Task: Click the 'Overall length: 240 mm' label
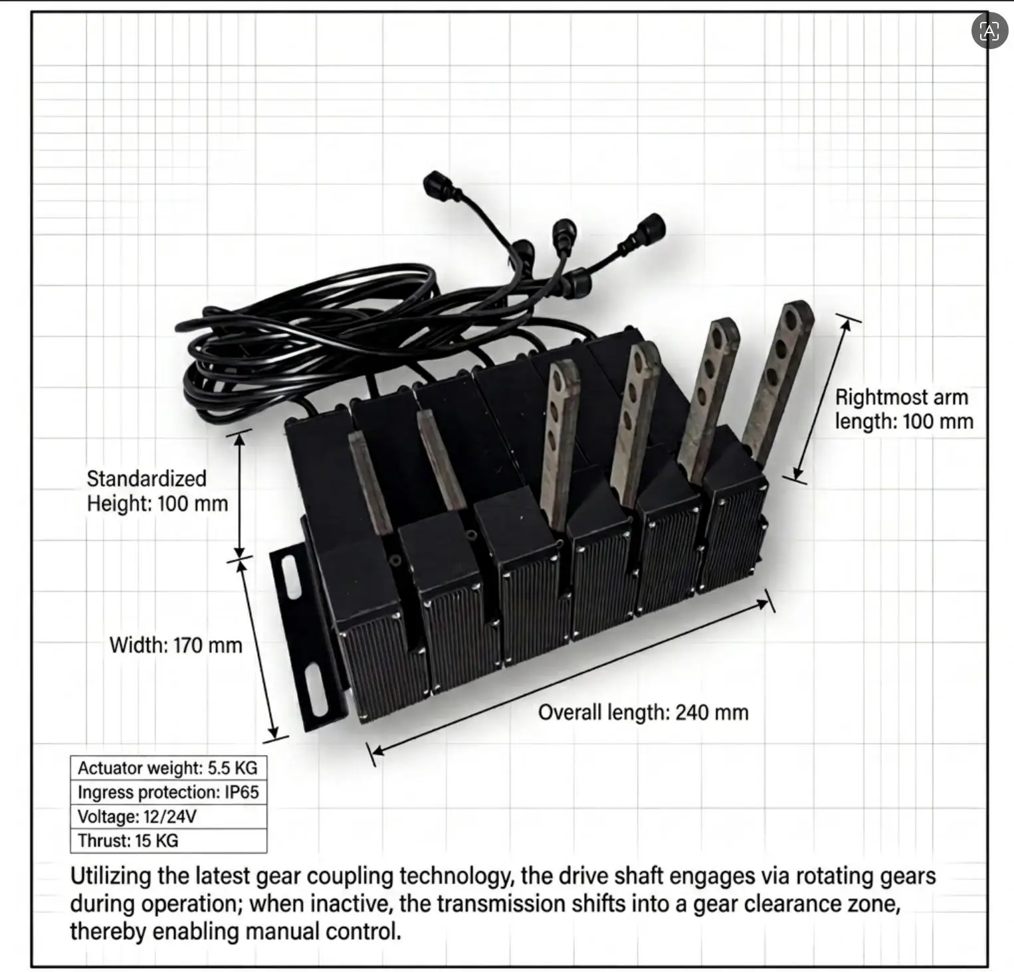pyautogui.click(x=643, y=712)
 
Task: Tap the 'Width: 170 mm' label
pyautogui.click(x=175, y=645)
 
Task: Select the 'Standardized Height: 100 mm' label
pyautogui.click(x=157, y=491)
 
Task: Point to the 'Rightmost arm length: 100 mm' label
pyautogui.click(x=904, y=409)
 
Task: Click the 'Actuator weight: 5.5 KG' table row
pyautogui.click(x=168, y=768)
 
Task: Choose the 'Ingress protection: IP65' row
pyautogui.click(x=168, y=793)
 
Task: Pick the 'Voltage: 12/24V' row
pyautogui.click(x=168, y=817)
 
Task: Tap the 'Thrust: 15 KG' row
pyautogui.click(x=168, y=841)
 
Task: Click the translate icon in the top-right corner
pyautogui.click(x=989, y=31)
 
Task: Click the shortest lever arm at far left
pyautogui.click(x=371, y=481)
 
